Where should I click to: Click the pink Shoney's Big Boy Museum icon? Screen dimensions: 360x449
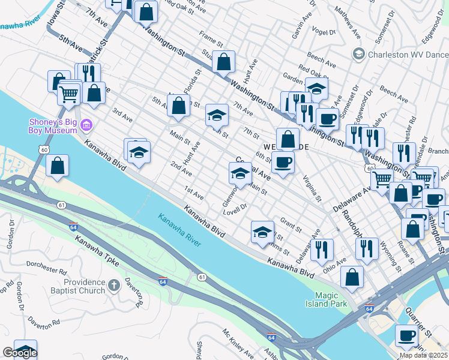[x=87, y=125]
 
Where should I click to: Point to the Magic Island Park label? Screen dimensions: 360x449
[x=330, y=299]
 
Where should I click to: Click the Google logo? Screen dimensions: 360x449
[x=19, y=353]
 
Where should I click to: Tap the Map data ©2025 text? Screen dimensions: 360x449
[x=424, y=355]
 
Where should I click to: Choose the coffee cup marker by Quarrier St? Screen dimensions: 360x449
[x=406, y=335]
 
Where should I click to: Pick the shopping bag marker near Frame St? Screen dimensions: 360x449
[x=223, y=61]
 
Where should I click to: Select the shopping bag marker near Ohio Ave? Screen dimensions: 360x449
[x=352, y=277]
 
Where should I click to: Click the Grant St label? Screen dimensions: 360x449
[x=291, y=226]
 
